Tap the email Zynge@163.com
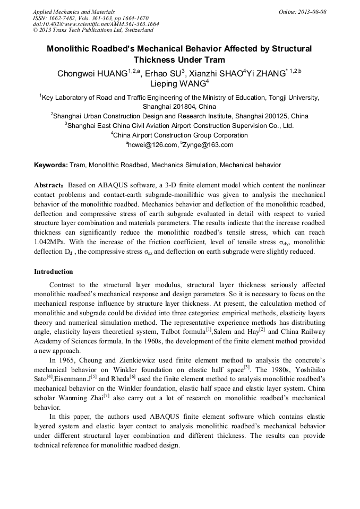209,145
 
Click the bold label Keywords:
51,166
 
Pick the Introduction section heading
54,272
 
